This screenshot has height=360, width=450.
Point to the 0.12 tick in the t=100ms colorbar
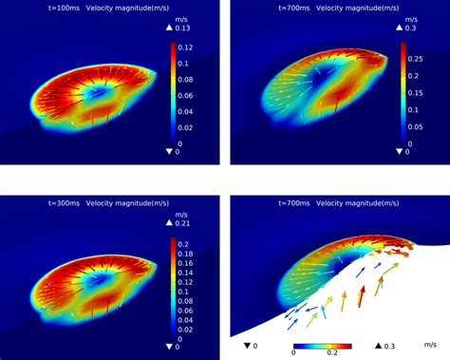[x=190, y=47]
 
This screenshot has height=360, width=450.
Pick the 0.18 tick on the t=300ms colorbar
[x=190, y=256]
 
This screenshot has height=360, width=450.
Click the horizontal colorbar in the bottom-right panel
[x=323, y=343]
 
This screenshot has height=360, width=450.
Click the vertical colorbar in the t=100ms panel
[x=174, y=95]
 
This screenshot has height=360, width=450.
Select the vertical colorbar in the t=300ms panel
[x=174, y=290]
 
